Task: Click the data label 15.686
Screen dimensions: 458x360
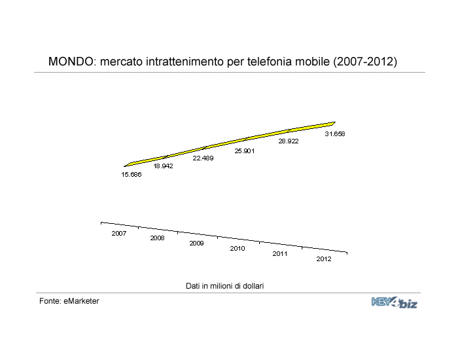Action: pos(132,175)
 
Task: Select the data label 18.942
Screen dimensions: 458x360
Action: pos(164,166)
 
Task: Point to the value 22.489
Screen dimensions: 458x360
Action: pos(203,158)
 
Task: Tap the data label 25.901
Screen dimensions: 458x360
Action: pos(245,151)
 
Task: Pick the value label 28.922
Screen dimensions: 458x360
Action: pos(289,141)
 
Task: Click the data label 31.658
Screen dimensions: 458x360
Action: pos(335,134)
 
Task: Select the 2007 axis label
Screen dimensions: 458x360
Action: pos(119,233)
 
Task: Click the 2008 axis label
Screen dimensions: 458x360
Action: pos(158,238)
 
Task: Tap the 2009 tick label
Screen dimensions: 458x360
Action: pos(196,243)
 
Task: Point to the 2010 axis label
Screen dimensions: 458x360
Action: pos(238,248)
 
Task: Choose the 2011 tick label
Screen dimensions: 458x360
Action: pos(280,254)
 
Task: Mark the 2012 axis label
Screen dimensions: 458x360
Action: pos(324,259)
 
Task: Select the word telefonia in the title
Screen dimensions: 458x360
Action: pos(269,62)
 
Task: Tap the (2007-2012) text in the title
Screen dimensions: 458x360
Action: pos(365,62)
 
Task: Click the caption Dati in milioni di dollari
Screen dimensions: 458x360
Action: pos(225,286)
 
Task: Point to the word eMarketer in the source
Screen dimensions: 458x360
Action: pos(81,301)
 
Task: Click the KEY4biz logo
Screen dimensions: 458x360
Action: pos(395,302)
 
